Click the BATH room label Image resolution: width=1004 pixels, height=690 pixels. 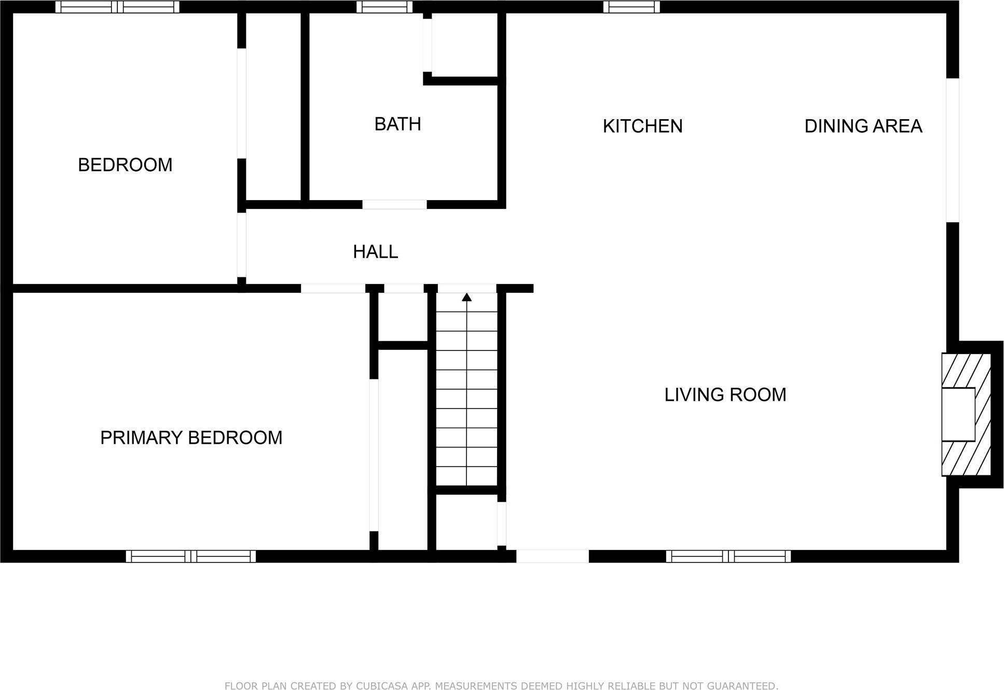coord(397,124)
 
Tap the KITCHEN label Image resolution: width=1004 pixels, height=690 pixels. coord(642,126)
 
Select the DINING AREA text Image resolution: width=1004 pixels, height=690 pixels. coord(863,126)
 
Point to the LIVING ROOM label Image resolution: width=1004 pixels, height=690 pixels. coord(725,395)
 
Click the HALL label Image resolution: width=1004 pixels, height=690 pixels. coord(375,252)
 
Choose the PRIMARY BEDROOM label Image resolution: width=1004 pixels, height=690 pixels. coord(191,438)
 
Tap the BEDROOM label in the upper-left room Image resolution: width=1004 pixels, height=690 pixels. coord(125,165)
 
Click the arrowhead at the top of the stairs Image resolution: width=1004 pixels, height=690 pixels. coord(466,297)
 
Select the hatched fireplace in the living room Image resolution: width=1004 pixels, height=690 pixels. coord(966,414)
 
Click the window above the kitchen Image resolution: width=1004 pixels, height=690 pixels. coord(631,7)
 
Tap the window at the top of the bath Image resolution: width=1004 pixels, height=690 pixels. coord(384,7)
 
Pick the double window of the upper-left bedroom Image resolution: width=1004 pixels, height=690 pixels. coord(117,7)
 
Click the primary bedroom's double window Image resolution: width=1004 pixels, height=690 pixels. coord(191,556)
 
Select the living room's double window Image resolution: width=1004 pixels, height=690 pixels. coord(728,556)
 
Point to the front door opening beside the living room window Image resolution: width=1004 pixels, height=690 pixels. coord(552,556)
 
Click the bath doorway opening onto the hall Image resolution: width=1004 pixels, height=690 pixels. coord(394,204)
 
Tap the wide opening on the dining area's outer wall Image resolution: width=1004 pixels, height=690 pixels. coord(952,150)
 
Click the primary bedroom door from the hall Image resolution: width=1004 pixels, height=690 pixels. coord(333,288)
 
